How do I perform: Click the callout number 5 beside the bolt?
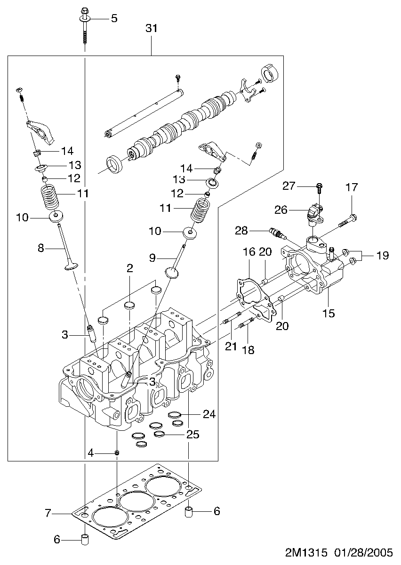[114, 18]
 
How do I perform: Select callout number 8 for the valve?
[41, 248]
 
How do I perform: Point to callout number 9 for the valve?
[152, 258]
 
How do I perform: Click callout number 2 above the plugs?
[129, 268]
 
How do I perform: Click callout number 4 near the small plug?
[90, 453]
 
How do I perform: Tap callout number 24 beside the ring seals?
[209, 414]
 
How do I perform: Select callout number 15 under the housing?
[329, 313]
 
